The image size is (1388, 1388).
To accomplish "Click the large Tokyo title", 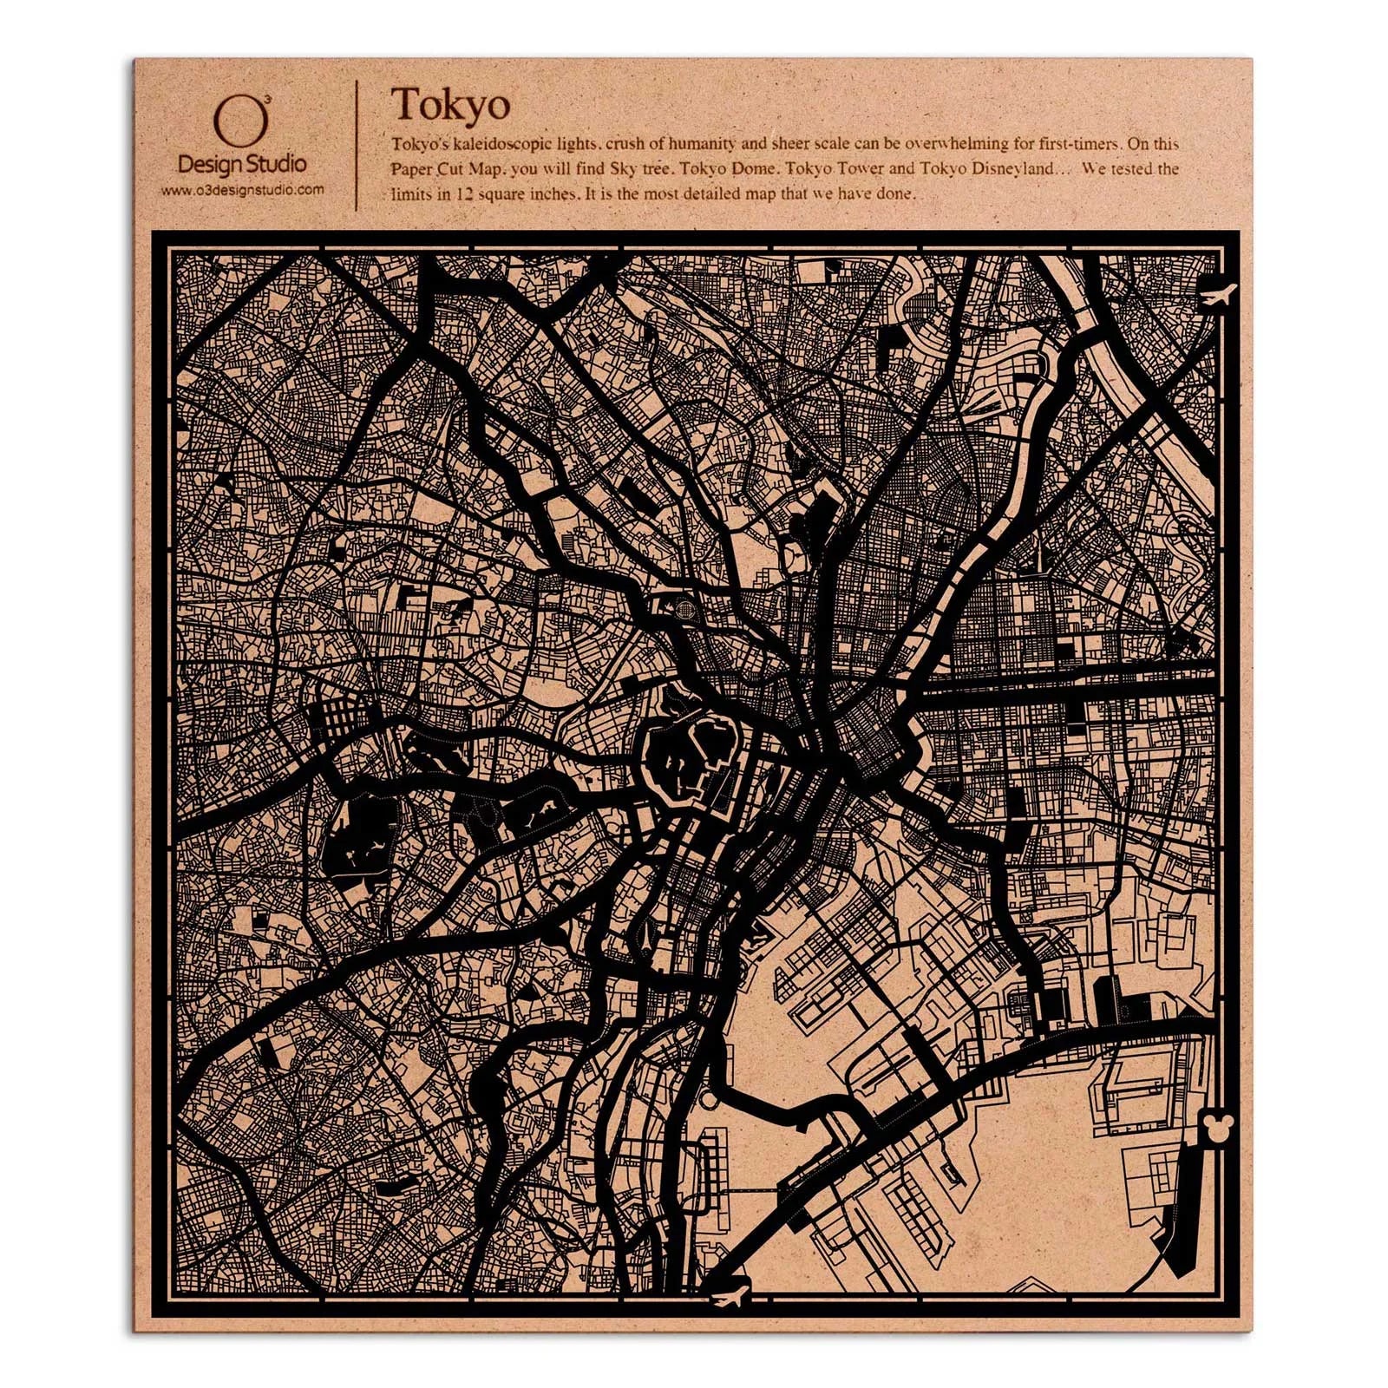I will coord(449,105).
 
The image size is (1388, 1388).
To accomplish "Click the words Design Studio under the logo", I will coord(241,163).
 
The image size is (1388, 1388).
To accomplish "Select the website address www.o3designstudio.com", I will coord(242,188).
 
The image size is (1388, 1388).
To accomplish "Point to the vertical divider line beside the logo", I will coord(357,146).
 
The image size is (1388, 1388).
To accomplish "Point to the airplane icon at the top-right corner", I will coord(1218,295).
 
